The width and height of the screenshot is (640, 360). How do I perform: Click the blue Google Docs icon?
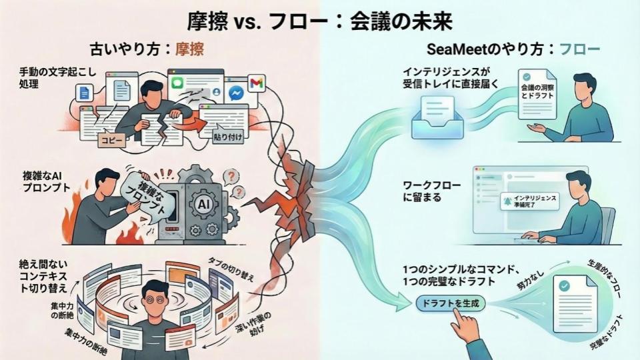[84, 94]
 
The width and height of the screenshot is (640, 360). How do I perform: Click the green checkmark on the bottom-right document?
[564, 285]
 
